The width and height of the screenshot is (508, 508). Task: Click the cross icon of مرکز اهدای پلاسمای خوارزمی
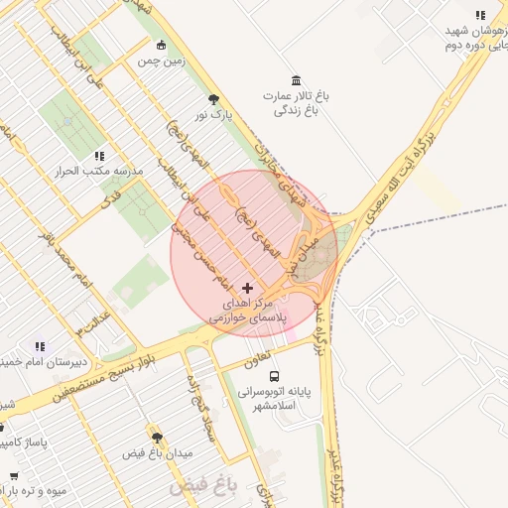(247, 288)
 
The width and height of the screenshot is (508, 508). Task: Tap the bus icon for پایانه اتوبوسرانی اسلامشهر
(274, 377)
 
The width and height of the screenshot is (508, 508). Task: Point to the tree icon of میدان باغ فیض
(157, 437)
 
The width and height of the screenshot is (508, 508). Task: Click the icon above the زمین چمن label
(162, 45)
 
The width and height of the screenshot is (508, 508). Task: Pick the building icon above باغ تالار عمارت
(295, 80)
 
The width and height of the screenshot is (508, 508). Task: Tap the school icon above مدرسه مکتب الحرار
(98, 156)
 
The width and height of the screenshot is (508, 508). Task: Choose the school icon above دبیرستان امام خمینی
(40, 346)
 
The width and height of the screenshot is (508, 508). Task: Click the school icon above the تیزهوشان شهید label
(481, 15)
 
